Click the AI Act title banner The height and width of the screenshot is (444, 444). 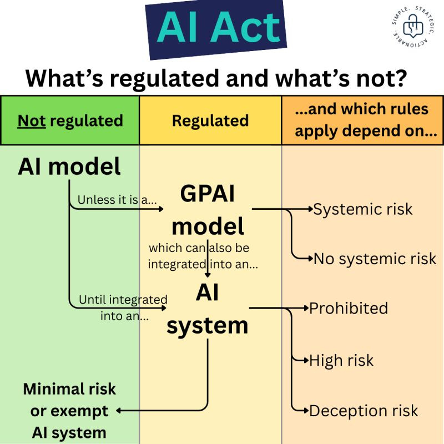pos(216,29)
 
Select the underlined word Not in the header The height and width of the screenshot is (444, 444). pos(32,120)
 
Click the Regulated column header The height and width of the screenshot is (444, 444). pos(210,120)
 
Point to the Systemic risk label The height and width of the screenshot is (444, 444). pos(363,209)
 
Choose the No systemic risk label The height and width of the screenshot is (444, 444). pos(375,259)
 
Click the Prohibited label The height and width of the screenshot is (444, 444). pos(349,308)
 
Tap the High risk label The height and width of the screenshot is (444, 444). pos(341,360)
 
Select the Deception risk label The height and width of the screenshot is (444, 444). pos(364,411)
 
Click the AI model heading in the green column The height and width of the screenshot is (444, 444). pos(69,166)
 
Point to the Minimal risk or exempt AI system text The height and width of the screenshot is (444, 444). pos(69,411)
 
